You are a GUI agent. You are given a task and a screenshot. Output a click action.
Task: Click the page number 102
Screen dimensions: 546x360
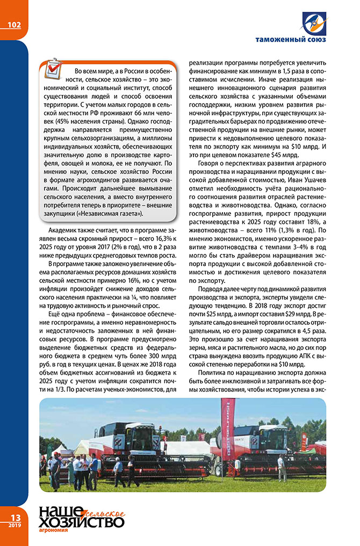(x=15, y=25)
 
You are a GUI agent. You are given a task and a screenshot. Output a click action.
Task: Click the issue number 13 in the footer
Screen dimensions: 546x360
(x=12, y=517)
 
